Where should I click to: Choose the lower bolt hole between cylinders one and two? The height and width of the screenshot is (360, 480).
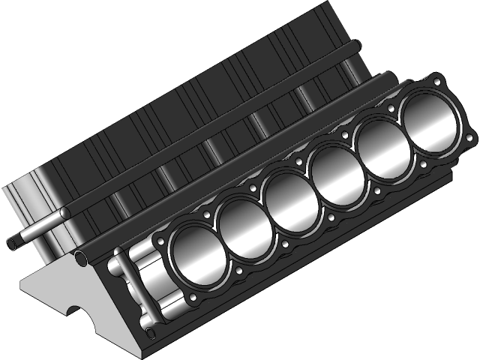tap(238, 271)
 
